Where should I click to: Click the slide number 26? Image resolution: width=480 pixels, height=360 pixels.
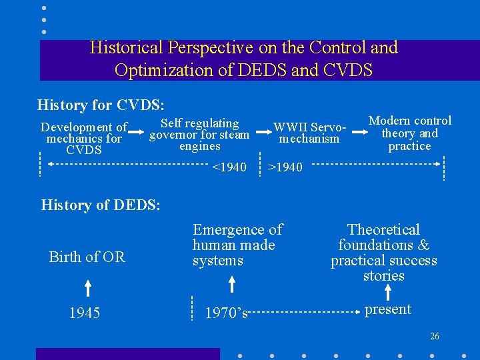pos(435,337)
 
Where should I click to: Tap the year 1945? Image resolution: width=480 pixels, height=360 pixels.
pos(85,313)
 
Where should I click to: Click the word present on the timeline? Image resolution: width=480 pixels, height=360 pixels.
pos(388,309)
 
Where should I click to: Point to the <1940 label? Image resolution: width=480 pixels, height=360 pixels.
pos(229,167)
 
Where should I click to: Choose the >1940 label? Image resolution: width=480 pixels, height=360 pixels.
pos(285,167)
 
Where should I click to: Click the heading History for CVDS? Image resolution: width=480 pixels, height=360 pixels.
pos(101,105)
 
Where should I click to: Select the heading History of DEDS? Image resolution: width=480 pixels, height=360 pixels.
pos(101,205)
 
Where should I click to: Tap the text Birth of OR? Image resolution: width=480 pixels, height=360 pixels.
pos(87,257)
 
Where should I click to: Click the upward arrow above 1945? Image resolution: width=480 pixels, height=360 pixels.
pos(88,288)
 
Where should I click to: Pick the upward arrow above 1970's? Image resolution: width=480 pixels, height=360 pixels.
pos(231,285)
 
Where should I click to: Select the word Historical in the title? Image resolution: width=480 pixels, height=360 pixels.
pos(127,48)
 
